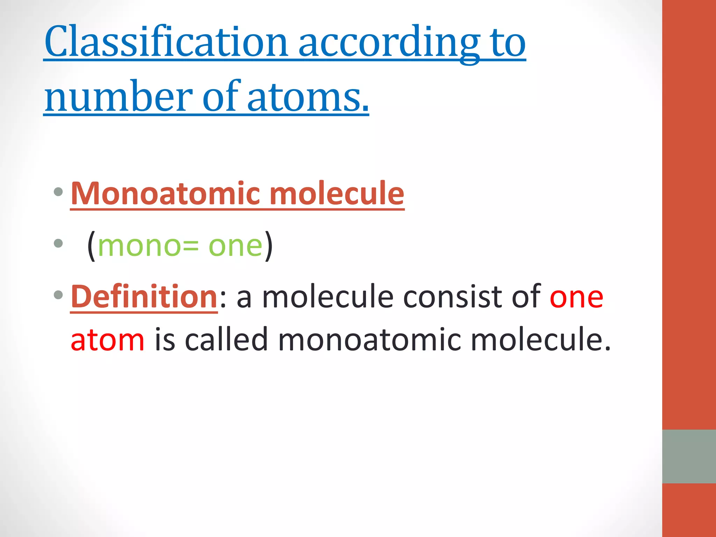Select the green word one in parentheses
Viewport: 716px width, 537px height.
point(235,246)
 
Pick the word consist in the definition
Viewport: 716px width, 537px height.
point(452,297)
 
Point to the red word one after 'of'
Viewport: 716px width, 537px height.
point(577,297)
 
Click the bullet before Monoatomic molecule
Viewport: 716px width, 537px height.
point(58,192)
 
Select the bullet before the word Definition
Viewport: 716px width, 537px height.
point(58,295)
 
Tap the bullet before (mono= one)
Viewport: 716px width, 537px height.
point(58,243)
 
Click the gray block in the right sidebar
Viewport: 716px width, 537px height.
point(689,456)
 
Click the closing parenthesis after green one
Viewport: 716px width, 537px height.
point(268,246)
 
